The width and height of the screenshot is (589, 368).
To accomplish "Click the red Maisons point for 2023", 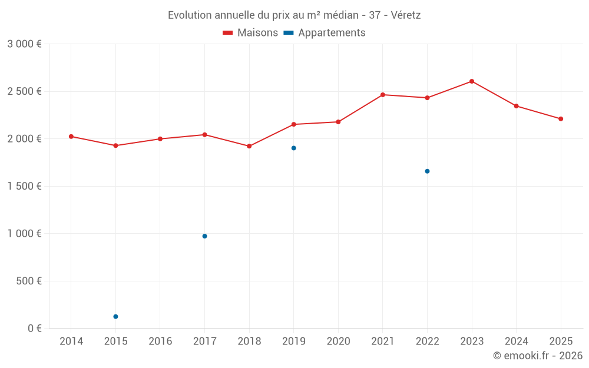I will [x=472, y=81].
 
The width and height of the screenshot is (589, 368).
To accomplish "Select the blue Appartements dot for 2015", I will [x=115, y=317].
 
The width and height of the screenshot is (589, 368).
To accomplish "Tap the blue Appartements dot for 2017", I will [x=204, y=236].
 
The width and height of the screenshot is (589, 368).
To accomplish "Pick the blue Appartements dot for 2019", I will [x=293, y=148].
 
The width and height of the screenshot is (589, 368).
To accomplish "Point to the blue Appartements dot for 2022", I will [x=427, y=171].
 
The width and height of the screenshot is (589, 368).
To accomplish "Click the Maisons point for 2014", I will [x=71, y=137].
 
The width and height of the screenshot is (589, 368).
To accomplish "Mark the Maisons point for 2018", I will [x=249, y=146].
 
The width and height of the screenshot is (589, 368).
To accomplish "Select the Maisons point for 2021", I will [x=383, y=95].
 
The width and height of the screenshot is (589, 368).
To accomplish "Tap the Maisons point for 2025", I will [x=561, y=119].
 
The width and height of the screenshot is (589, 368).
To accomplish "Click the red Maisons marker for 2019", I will [x=293, y=124].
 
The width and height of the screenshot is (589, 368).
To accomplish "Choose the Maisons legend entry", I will [x=250, y=33].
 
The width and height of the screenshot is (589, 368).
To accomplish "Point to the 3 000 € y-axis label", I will [x=24, y=44].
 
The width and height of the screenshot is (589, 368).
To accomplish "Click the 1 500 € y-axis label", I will [x=24, y=186].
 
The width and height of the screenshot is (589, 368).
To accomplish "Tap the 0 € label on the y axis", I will [x=35, y=328].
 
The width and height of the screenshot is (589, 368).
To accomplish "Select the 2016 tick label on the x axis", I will [x=160, y=342].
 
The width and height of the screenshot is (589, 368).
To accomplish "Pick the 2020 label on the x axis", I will [x=338, y=342].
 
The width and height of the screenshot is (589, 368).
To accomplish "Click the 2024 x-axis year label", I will [x=516, y=342].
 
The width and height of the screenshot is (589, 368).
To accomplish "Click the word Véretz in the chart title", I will [x=405, y=15].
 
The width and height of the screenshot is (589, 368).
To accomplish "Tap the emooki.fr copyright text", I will [x=538, y=356].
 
